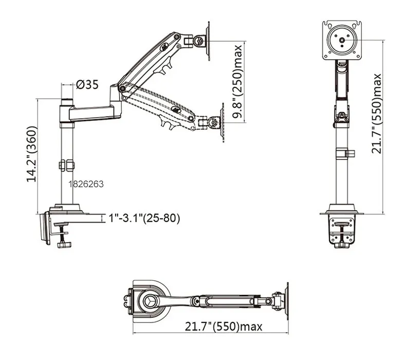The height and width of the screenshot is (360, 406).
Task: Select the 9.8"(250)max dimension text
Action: point(237,82)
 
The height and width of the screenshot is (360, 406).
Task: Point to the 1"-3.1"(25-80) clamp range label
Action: point(144,218)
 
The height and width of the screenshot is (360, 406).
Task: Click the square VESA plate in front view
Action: point(342,40)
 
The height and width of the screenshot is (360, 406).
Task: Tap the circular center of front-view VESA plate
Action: point(342,39)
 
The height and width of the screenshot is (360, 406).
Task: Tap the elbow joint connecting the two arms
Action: point(122,90)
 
